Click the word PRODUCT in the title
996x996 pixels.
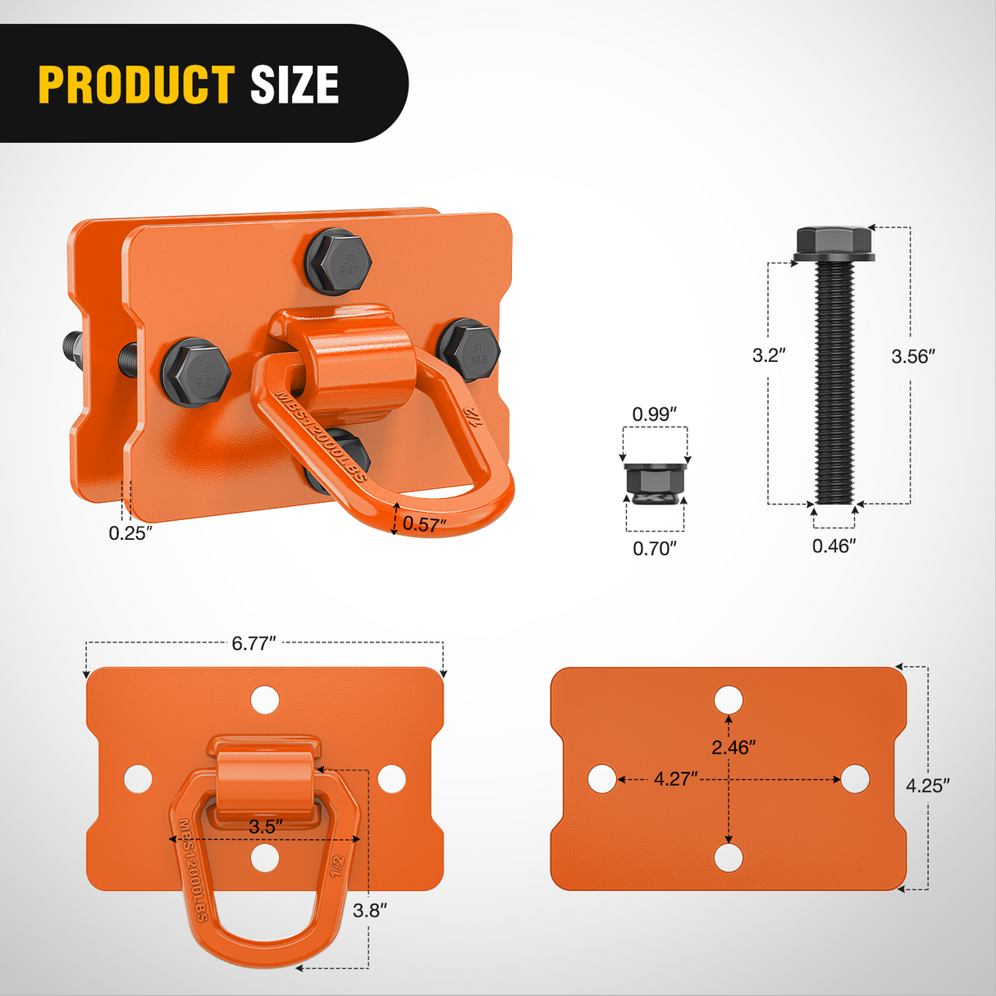click(x=136, y=85)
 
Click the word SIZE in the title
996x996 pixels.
click(x=294, y=85)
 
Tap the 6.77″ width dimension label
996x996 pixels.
click(x=254, y=643)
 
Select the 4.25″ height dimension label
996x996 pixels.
click(x=927, y=785)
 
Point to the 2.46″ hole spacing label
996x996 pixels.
click(x=733, y=747)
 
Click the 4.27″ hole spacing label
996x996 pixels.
click(x=675, y=779)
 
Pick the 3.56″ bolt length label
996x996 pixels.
click(x=913, y=356)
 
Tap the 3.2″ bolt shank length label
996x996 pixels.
click(x=769, y=355)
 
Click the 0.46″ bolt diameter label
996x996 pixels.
click(x=834, y=546)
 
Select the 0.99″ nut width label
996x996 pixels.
click(x=654, y=414)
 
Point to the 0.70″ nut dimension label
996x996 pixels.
click(x=654, y=548)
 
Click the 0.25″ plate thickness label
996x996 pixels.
click(x=130, y=533)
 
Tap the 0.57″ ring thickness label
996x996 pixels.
click(x=424, y=524)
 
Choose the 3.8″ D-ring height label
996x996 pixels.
click(x=369, y=910)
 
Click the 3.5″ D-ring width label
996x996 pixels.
click(x=266, y=826)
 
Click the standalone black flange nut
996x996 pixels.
click(x=655, y=480)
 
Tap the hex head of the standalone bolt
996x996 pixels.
click(x=834, y=241)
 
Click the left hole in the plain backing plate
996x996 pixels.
click(x=602, y=779)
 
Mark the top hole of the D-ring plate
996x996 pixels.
click(x=265, y=700)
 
